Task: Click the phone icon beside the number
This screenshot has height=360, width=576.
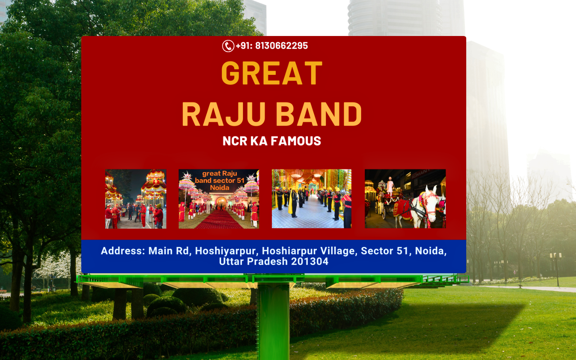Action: point(228,46)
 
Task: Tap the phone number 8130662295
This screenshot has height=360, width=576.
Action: point(282,46)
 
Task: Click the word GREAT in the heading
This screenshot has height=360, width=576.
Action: point(271,73)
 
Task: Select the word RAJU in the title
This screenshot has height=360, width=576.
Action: point(224,114)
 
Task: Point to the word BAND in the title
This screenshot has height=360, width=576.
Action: point(319,114)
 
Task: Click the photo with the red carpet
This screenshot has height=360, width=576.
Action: point(219,199)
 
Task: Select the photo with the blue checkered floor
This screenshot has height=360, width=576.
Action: point(312,199)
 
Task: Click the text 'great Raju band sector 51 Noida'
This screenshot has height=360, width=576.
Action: point(220,180)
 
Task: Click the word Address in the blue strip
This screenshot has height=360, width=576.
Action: point(123,251)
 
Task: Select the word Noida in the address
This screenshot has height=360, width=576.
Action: point(431,251)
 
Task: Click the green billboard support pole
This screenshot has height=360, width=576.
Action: point(273,321)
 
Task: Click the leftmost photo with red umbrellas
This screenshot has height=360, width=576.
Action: point(136,199)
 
